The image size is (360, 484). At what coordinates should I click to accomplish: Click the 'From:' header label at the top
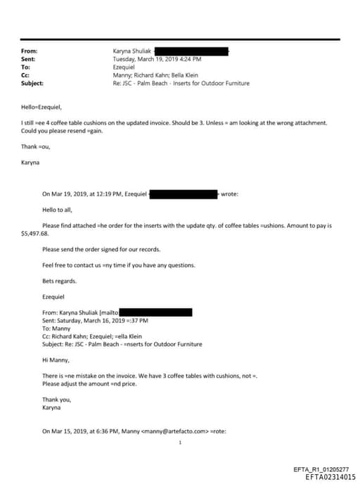(30, 51)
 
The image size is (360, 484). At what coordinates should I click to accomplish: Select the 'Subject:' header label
(32, 83)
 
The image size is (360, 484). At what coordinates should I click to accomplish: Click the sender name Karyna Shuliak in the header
(131, 51)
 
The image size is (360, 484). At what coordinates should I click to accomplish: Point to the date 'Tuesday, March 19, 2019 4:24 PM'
(157, 60)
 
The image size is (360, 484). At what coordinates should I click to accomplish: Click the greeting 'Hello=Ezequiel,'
(41, 107)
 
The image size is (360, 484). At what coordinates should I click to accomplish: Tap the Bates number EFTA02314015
(330, 476)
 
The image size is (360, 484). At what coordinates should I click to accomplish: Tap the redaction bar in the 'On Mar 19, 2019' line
(184, 193)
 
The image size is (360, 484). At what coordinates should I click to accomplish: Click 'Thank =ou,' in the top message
(36, 146)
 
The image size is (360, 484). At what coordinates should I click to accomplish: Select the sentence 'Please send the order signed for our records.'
(101, 249)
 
